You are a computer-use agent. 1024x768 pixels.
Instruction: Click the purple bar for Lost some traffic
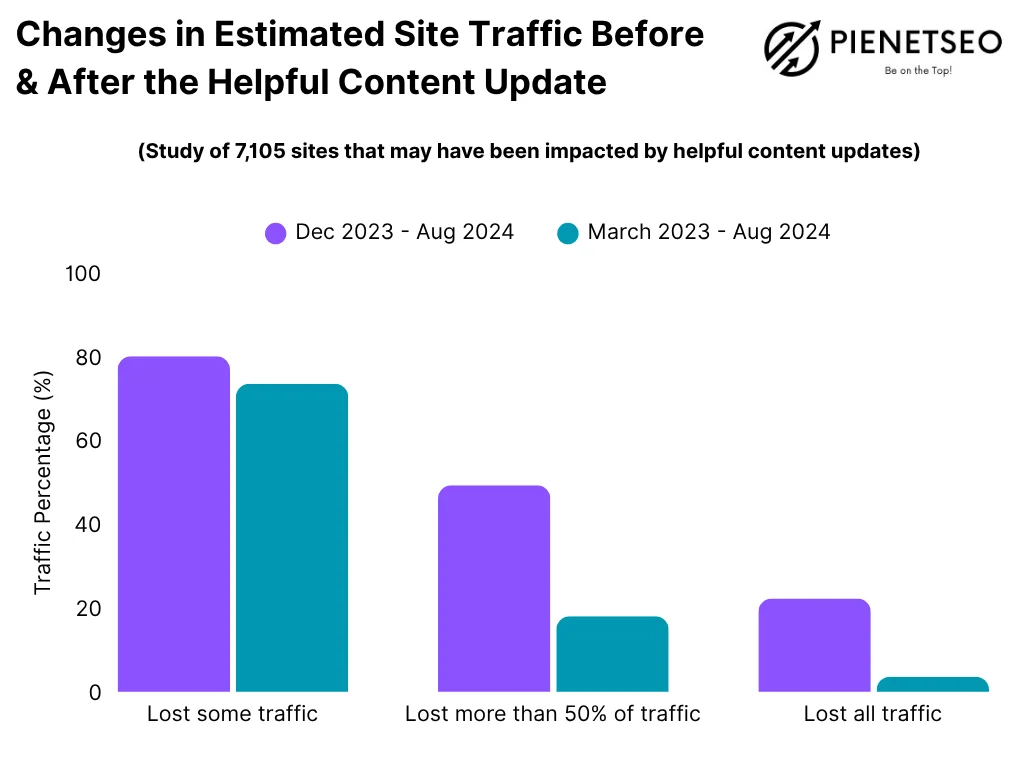tap(174, 524)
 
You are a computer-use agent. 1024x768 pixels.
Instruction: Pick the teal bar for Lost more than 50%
tap(612, 654)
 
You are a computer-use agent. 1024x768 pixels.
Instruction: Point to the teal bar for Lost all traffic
tap(932, 684)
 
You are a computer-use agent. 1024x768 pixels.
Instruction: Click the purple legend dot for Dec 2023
tap(276, 233)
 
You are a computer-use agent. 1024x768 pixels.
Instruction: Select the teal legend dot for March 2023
tap(568, 233)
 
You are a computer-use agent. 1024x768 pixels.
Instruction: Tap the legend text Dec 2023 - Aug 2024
tap(405, 232)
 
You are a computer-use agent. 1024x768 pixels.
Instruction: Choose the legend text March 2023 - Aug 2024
tap(709, 232)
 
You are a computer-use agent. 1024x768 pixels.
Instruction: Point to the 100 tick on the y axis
tap(83, 273)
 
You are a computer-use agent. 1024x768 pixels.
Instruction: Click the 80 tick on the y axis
tap(88, 357)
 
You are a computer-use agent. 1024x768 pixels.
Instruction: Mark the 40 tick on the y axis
tap(88, 524)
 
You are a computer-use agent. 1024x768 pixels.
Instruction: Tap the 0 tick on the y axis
tap(95, 692)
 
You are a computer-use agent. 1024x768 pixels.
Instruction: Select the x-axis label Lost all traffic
tap(873, 714)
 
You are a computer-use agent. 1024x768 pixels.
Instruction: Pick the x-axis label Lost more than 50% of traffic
tap(553, 714)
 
